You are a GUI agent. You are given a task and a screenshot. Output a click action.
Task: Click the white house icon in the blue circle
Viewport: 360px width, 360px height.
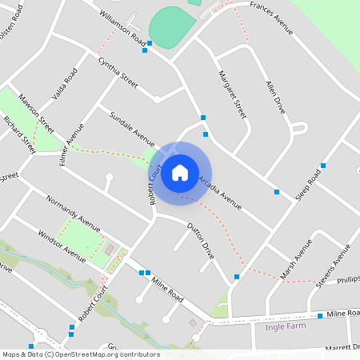pyautogui.click(x=180, y=173)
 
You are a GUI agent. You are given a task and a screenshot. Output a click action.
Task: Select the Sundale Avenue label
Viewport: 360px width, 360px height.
pyautogui.click(x=132, y=124)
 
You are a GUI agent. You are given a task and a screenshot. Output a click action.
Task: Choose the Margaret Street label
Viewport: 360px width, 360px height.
pyautogui.click(x=232, y=94)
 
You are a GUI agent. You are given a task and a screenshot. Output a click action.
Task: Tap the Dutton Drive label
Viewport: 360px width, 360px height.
pyautogui.click(x=201, y=240)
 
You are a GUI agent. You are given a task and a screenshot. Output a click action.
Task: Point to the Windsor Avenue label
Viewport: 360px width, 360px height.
pyautogui.click(x=62, y=245)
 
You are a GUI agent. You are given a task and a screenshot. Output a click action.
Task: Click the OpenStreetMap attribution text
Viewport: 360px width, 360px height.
pyautogui.click(x=81, y=354)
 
